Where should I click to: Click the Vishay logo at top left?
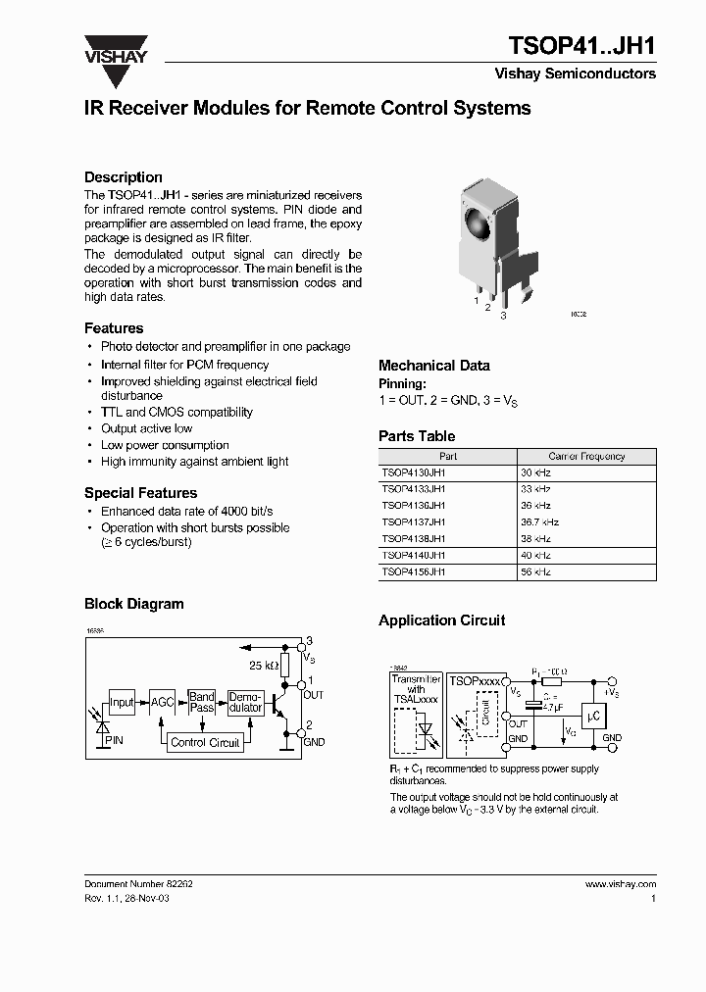coord(115,49)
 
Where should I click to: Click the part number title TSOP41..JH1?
coord(582,46)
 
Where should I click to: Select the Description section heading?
coord(124,177)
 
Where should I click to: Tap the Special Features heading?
coord(140,493)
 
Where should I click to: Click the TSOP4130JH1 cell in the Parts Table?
coord(414,472)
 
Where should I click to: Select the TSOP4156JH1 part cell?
coord(414,571)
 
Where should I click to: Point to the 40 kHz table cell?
coord(535,555)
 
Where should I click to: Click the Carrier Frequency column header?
coord(586,456)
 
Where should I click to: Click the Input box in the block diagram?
coord(122,702)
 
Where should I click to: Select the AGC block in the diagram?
coord(162,702)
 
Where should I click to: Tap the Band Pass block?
coord(202,702)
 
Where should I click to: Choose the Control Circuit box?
coord(205,743)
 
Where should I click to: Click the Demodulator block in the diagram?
coord(245,702)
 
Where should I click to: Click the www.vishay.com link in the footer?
coord(620,884)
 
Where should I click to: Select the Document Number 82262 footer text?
coord(138,884)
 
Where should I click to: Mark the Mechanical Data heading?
coord(433,366)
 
